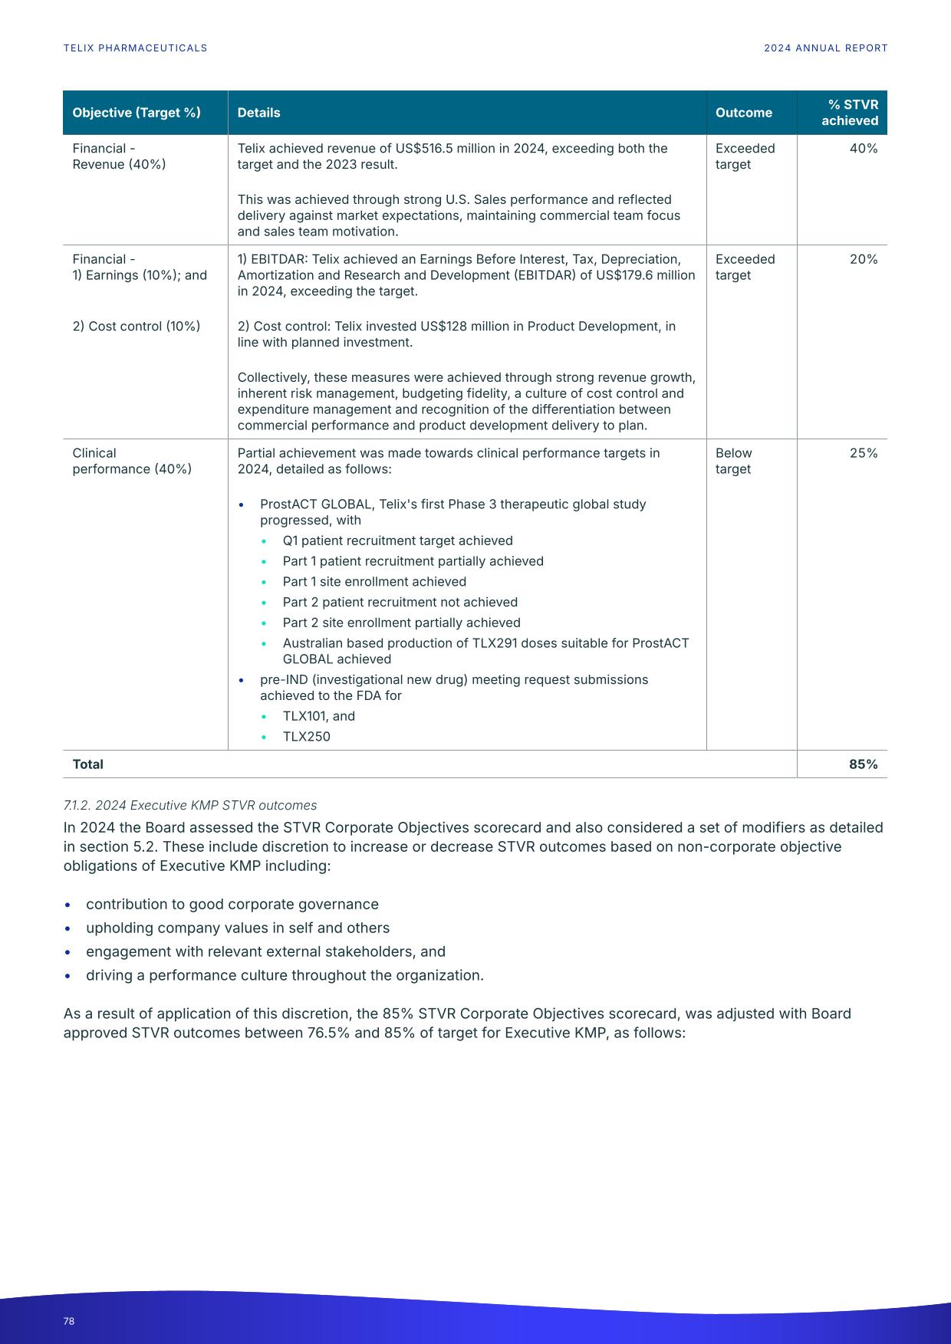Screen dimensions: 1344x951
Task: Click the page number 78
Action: pyautogui.click(x=69, y=1321)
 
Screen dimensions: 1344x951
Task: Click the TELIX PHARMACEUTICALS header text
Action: pyautogui.click(x=135, y=48)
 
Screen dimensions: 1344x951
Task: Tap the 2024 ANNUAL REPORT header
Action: pyautogui.click(x=825, y=48)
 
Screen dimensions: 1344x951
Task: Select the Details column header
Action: pyautogui.click(x=258, y=113)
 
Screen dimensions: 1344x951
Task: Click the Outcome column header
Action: pyautogui.click(x=743, y=113)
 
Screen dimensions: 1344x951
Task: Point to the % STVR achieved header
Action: pyautogui.click(x=849, y=113)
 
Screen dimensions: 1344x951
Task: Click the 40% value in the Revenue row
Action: pyautogui.click(x=863, y=149)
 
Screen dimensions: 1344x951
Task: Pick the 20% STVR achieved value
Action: pyautogui.click(x=863, y=259)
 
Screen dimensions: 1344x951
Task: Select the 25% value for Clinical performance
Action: pyautogui.click(x=863, y=453)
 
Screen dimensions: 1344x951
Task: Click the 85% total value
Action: pyautogui.click(x=863, y=764)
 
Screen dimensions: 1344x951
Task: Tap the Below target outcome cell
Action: pyautogui.click(x=733, y=461)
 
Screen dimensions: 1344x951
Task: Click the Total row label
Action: pyautogui.click(x=87, y=764)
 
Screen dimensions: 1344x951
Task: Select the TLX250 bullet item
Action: pyautogui.click(x=306, y=737)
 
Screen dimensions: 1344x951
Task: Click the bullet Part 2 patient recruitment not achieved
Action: pyautogui.click(x=400, y=603)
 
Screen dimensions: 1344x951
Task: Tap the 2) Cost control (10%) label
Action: pyautogui.click(x=136, y=327)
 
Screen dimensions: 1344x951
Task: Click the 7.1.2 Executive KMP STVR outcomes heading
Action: pyautogui.click(x=189, y=805)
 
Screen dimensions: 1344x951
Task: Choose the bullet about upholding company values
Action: pyautogui.click(x=237, y=928)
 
